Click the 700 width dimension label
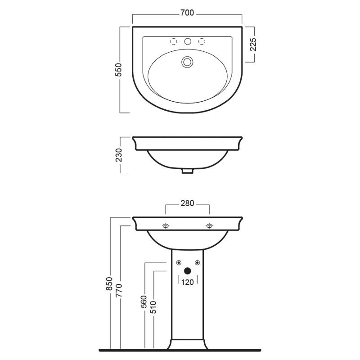point(187,13)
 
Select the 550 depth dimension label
point(119,70)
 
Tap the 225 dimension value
point(253,45)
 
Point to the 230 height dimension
point(119,154)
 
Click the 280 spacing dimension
point(187,203)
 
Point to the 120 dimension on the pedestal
point(188,282)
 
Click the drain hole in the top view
point(186,62)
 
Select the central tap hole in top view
point(188,41)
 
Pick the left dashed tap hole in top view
point(174,41)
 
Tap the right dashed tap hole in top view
point(202,41)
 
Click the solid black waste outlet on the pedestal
point(188,271)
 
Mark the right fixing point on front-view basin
point(209,226)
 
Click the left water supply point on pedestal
point(179,262)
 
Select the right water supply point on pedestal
point(197,262)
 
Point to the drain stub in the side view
point(188,171)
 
